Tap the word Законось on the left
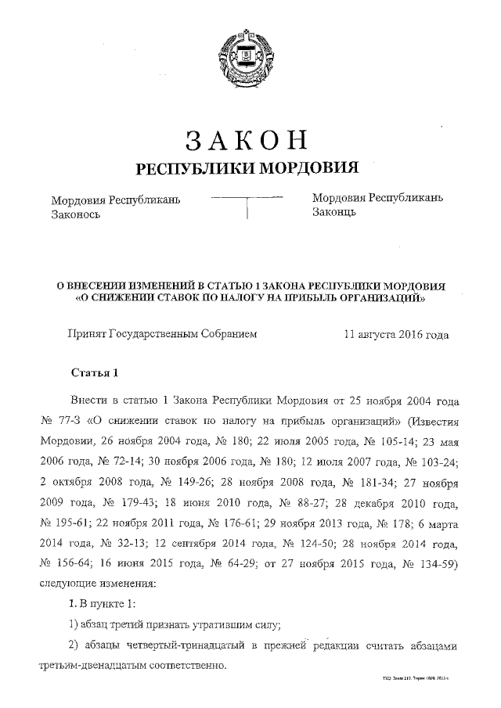coord(75,214)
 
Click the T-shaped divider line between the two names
coord(247,205)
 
